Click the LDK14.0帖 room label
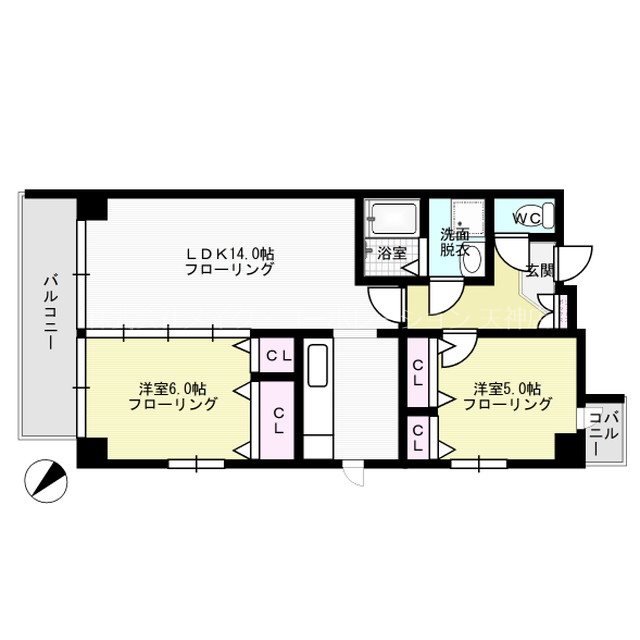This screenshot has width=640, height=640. point(229,254)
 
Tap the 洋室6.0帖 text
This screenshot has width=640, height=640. point(173,388)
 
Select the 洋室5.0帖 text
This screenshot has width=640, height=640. point(507,388)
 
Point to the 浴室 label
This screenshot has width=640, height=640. point(392,253)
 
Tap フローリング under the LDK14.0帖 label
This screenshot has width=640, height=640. point(229,269)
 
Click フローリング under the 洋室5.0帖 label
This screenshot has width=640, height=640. point(507,404)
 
